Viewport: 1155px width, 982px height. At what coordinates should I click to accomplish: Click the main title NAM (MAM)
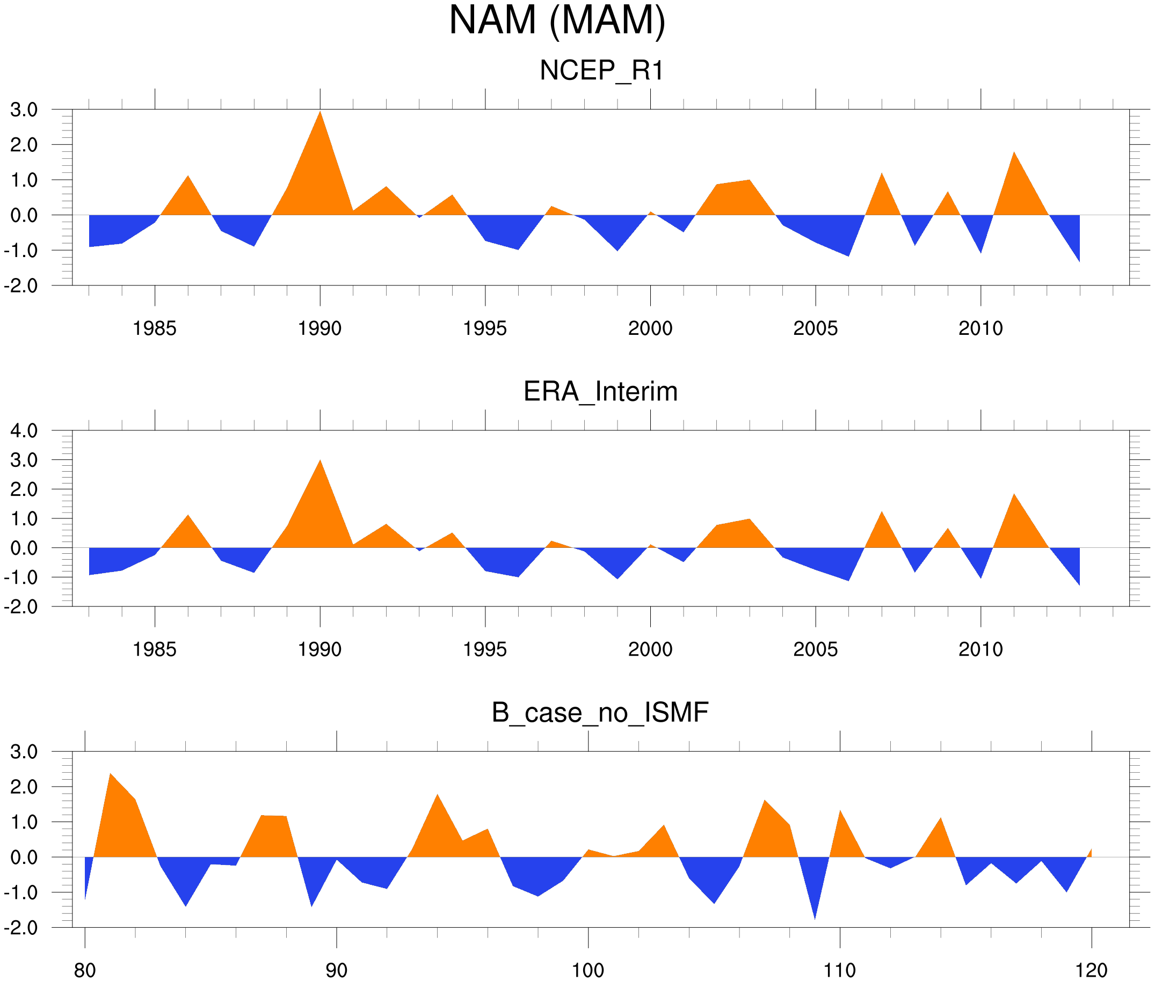point(557,20)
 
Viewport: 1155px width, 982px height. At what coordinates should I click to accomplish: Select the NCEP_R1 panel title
point(601,71)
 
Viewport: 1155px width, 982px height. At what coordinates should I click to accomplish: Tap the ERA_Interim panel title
point(600,391)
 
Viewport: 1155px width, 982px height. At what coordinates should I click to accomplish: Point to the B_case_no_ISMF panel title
point(600,713)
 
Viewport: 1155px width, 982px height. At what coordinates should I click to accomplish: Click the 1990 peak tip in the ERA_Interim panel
point(319,460)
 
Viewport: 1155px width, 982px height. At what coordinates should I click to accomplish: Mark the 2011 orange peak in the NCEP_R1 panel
point(1014,152)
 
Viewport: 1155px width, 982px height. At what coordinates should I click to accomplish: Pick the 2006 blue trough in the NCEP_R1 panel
point(848,255)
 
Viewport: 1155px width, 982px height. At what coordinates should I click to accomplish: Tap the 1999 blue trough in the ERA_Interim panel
point(617,578)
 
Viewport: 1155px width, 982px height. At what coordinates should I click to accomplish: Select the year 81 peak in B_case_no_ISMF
point(110,774)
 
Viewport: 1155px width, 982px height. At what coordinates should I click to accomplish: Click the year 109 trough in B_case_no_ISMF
point(815,919)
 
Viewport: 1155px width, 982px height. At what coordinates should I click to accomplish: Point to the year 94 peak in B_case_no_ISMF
point(438,794)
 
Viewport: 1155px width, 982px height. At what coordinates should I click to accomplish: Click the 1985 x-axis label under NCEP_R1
point(154,328)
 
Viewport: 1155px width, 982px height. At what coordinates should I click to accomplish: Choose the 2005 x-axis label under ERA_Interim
point(815,650)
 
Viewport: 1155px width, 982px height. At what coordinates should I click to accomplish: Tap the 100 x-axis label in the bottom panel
point(588,970)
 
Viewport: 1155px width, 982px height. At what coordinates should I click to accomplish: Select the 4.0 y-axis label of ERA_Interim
point(24,430)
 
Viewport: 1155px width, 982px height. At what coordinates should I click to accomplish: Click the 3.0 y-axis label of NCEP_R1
point(24,109)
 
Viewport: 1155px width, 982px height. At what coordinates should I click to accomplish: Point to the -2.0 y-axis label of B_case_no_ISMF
point(20,928)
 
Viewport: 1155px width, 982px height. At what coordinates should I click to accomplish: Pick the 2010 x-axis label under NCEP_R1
point(980,328)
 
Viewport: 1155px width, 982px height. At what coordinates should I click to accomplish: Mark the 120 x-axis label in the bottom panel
point(1091,970)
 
